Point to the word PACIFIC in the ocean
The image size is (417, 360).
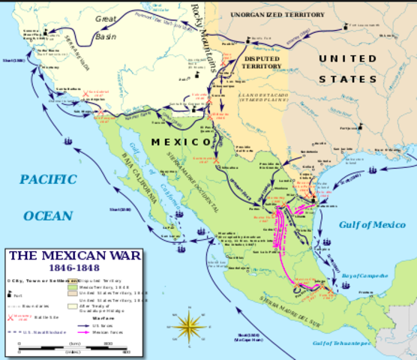coord(49,179)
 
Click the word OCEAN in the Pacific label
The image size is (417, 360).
coord(48,215)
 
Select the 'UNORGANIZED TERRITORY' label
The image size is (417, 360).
coord(277,14)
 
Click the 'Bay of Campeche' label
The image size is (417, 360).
coord(364,277)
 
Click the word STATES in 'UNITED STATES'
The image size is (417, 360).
coord(347,79)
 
